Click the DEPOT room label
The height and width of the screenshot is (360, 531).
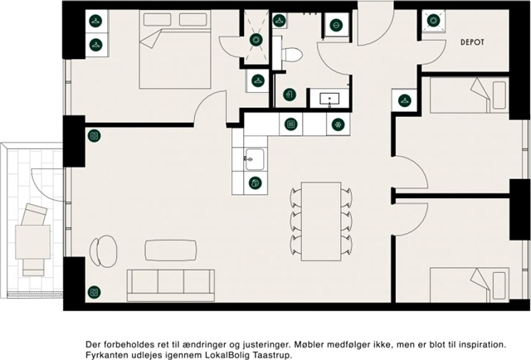click(472, 42)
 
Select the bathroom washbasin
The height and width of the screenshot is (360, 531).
click(329, 98)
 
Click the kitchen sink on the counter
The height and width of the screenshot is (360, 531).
click(255, 159)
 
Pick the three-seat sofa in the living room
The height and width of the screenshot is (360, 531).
click(171, 285)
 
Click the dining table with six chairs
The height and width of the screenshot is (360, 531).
click(321, 221)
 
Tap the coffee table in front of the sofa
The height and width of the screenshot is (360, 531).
click(171, 251)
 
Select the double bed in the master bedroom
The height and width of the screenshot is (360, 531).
click(175, 50)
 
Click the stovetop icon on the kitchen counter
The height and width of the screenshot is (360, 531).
click(291, 124)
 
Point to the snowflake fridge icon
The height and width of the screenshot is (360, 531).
click(338, 124)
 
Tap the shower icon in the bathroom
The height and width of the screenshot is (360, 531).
click(290, 95)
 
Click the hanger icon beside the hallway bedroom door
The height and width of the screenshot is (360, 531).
click(404, 100)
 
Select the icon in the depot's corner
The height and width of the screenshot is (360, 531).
click(433, 21)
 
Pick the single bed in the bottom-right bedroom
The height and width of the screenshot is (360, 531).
click(470, 285)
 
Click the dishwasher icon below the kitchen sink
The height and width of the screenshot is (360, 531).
click(255, 182)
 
